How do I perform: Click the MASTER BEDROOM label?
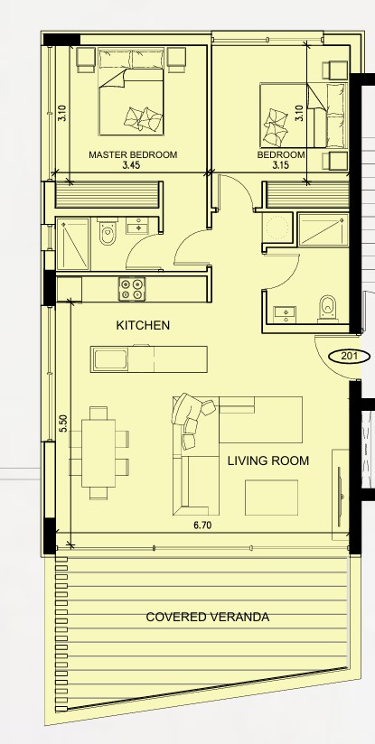pos(133,154)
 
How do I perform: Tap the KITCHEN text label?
pos(143,325)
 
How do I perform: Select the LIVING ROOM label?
pos(268,460)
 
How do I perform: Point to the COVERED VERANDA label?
pos(208,617)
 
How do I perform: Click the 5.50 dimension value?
pos(63,423)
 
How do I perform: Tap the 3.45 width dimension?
pos(132,165)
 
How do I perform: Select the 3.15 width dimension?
pos(280,165)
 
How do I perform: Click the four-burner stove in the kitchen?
pos(132,289)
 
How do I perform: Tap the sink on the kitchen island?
pos(110,359)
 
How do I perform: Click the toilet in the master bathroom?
pos(107,232)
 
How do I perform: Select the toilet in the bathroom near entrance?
pos(327,309)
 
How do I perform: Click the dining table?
pos(98,453)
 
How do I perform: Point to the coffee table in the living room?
pos(271,498)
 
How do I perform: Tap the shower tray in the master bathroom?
pos(72,244)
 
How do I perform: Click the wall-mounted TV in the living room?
pos(340,497)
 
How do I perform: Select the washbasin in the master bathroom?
pos(138,227)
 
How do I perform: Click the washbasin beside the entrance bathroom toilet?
pos(285,313)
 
